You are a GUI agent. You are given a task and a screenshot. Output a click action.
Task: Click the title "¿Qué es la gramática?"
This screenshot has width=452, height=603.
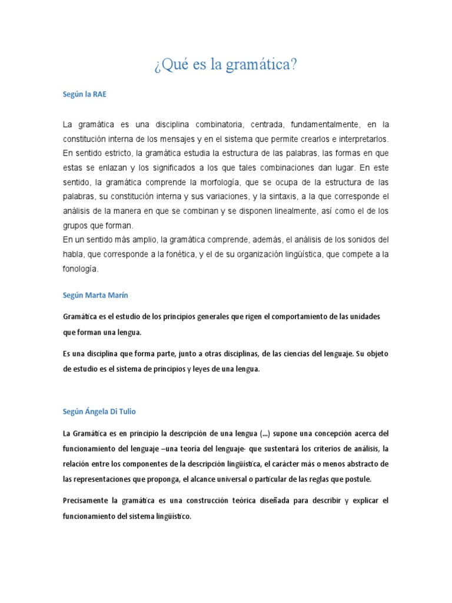tap(225, 64)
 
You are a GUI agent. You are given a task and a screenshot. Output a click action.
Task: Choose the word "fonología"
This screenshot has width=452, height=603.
tap(80, 269)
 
